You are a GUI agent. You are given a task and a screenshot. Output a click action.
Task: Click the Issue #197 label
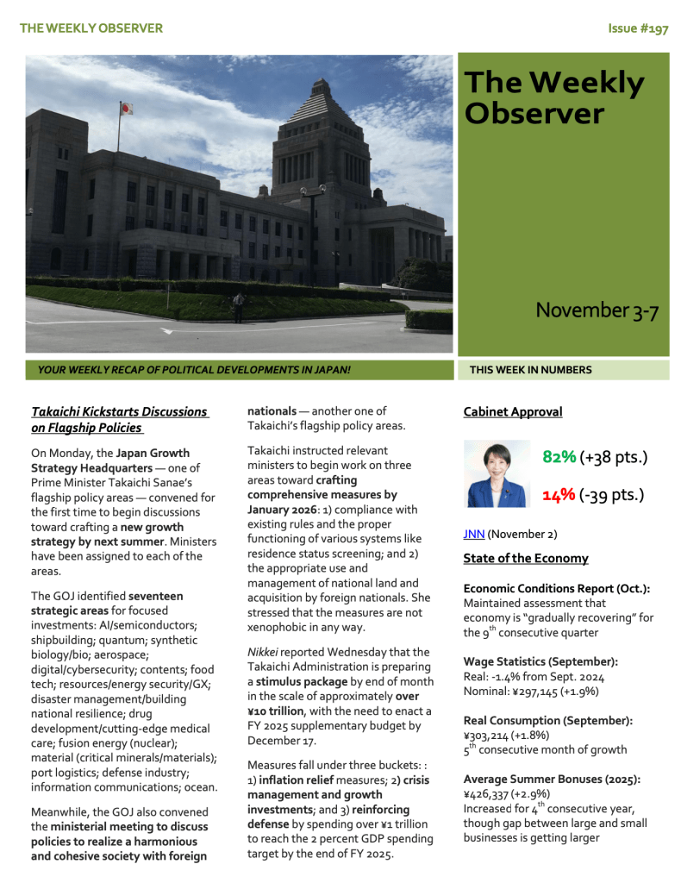point(638,28)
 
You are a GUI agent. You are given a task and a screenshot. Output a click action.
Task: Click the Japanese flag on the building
point(127,109)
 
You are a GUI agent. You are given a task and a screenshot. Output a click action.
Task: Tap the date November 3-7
point(597,310)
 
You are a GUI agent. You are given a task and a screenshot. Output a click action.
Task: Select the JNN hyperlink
point(473,534)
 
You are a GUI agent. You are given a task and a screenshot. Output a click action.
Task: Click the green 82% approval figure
point(559,457)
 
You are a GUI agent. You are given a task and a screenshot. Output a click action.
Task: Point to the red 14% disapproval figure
point(559,495)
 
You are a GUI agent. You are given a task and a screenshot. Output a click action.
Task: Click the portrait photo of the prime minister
point(497,473)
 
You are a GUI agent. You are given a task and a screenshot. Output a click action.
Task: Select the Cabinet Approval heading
point(512,412)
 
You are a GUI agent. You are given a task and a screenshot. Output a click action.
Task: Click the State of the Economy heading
point(526,558)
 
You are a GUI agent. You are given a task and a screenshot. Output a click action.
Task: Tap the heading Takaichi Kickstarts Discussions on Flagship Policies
point(119,420)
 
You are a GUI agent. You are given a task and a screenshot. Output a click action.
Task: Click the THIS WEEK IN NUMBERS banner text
point(530,370)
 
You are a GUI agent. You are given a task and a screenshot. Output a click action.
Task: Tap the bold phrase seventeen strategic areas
point(107,603)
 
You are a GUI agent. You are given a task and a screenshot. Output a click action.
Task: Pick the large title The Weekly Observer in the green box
point(553,97)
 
